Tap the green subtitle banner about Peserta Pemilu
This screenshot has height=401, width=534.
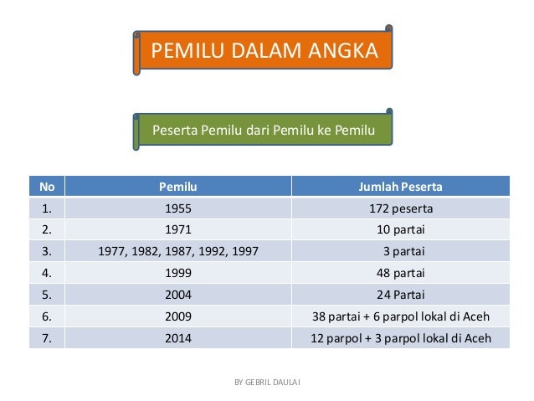pyautogui.click(x=264, y=130)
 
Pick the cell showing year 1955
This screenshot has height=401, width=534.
pyautogui.click(x=178, y=208)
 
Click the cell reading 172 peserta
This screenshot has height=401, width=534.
pyautogui.click(x=400, y=208)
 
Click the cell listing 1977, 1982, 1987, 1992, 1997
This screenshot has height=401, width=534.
pyautogui.click(x=178, y=251)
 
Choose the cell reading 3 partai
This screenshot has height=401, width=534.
pyautogui.click(x=400, y=251)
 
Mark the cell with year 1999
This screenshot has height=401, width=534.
pyautogui.click(x=178, y=273)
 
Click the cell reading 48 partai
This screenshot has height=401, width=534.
pyautogui.click(x=400, y=273)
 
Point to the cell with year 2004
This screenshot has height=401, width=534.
pyautogui.click(x=178, y=295)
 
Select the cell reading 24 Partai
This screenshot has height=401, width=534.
pyautogui.click(x=400, y=295)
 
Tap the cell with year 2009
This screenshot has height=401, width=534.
pyautogui.click(x=178, y=316)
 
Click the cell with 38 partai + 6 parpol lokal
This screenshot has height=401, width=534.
pyautogui.click(x=400, y=316)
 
